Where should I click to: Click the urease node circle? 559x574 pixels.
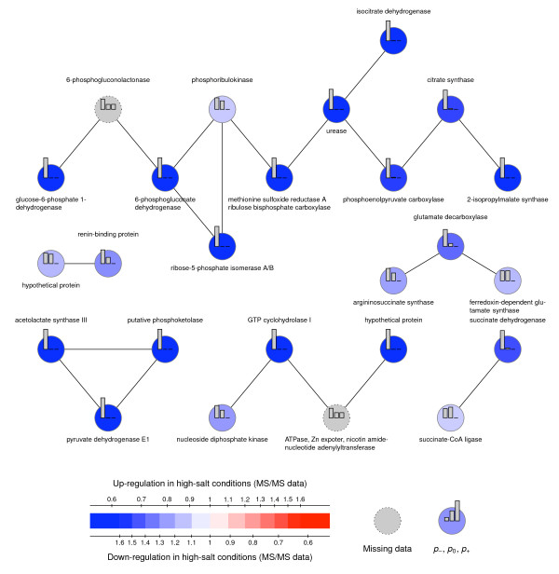tap(338, 110)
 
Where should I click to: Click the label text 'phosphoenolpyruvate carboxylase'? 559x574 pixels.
tap(394, 198)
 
